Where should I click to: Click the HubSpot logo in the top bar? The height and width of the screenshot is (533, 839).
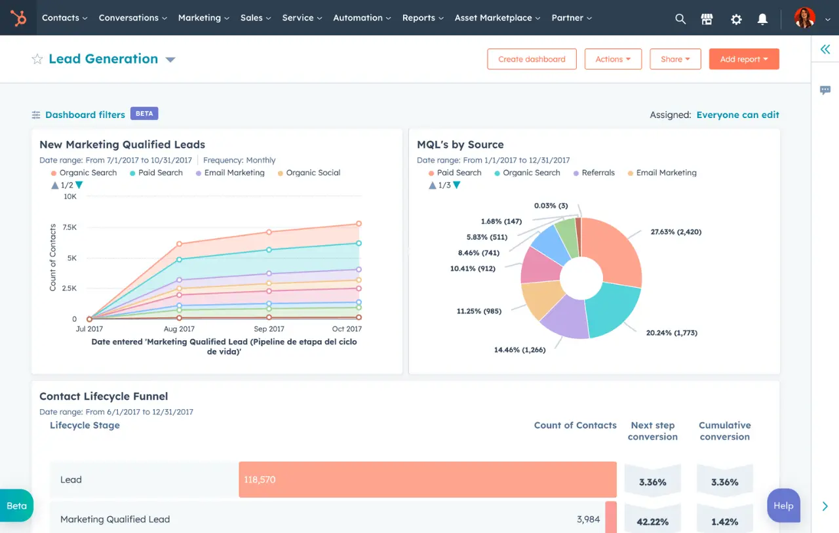18,18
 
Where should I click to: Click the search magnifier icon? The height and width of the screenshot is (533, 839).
680,19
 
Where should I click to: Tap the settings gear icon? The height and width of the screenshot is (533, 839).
736,19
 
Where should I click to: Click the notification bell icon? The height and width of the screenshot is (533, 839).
762,19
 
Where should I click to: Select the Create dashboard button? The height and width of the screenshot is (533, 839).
532,59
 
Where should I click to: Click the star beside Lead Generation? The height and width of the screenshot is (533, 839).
37,59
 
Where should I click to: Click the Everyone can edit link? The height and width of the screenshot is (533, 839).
737,115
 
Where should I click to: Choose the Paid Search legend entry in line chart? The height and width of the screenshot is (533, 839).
160,173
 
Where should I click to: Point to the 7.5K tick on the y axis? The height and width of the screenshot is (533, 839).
69,227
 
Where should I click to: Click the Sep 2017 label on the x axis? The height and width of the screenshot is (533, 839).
269,329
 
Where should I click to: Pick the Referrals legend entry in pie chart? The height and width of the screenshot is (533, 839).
598,173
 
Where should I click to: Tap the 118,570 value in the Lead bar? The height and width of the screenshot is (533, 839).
260,480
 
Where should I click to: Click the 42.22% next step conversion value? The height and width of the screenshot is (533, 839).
652,522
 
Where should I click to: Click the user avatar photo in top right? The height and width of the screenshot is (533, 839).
804,18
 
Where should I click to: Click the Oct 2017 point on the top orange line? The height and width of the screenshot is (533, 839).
359,224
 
